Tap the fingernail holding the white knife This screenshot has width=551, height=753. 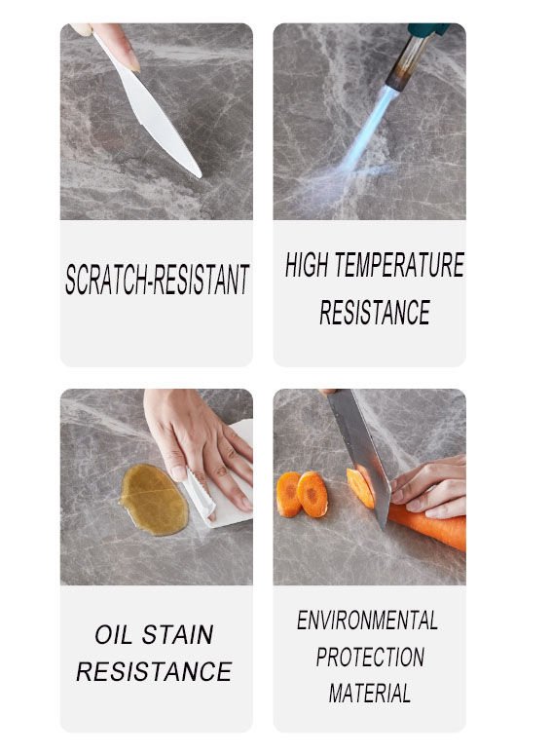pos(132,64)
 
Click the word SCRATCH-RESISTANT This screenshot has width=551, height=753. pos(157,280)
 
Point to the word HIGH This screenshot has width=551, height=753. pos(307,265)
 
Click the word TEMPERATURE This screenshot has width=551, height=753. pos(399,265)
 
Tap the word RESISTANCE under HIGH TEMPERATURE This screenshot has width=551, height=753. pos(375,313)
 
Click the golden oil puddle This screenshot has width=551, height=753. pos(154,500)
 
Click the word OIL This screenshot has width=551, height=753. pos(113,635)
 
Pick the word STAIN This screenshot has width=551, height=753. pos(177,635)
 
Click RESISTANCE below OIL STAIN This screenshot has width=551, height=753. pos(154,671)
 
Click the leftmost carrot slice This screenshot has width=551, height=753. pos(289,495)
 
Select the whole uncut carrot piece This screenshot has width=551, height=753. pos(427,526)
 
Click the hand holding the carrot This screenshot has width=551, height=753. pos(429,487)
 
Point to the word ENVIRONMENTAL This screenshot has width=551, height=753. pos(367,621)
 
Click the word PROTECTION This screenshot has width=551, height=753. pos(370,657)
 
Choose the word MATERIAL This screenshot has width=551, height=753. pos(370,694)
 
